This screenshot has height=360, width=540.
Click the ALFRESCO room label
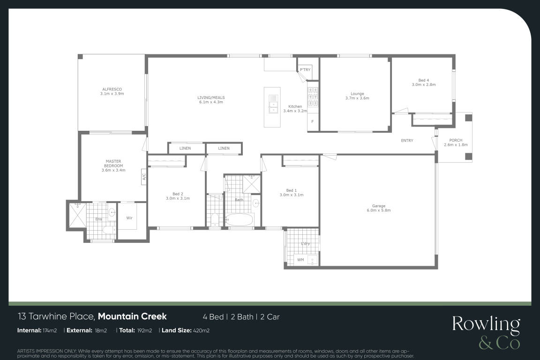pyautogui.click(x=112, y=89)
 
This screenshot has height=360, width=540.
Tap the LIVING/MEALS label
pyautogui.click(x=211, y=97)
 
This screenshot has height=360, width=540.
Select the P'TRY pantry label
pyautogui.click(x=305, y=69)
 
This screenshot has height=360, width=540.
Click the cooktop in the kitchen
pyautogui.click(x=313, y=97)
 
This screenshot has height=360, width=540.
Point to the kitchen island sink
pyautogui.click(x=273, y=104)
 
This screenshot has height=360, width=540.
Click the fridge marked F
pyautogui.click(x=313, y=121)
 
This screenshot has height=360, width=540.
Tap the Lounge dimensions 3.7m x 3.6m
pyautogui.click(x=357, y=98)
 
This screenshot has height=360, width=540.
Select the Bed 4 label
pyautogui.click(x=424, y=80)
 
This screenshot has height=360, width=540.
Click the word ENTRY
pyautogui.click(x=407, y=141)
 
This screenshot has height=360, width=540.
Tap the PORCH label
pyautogui.click(x=456, y=140)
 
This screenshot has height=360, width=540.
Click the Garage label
pyautogui.click(x=378, y=206)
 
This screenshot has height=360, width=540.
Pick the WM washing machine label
pyautogui.click(x=300, y=260)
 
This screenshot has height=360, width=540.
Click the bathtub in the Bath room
pyautogui.click(x=239, y=219)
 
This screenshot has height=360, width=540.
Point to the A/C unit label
pyautogui.click(x=144, y=177)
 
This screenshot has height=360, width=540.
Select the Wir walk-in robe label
pyautogui.click(x=129, y=217)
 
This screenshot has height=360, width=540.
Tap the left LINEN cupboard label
pyautogui.click(x=185, y=148)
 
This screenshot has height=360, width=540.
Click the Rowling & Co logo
pyautogui.click(x=486, y=332)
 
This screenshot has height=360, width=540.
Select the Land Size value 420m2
pyautogui.click(x=201, y=331)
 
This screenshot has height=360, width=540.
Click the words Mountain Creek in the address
pyautogui.click(x=132, y=316)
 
